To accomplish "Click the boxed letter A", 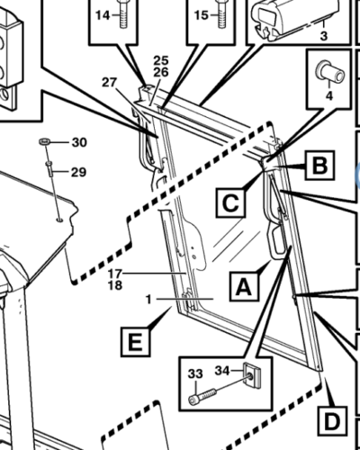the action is [x=244, y=286].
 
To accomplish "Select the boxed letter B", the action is [x=319, y=166].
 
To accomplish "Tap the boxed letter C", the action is [x=230, y=202].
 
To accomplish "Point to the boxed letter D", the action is [x=332, y=421].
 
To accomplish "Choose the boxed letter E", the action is [x=136, y=342].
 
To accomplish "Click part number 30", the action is [x=79, y=142].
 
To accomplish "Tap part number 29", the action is [x=78, y=172].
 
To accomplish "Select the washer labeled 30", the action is [x=45, y=140].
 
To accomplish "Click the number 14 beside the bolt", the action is [x=103, y=15].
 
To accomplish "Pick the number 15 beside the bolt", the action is [x=201, y=15].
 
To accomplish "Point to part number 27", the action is [x=109, y=82].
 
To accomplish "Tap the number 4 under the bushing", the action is [x=329, y=96].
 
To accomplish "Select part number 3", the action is [x=324, y=36].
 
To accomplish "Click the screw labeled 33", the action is [x=202, y=396].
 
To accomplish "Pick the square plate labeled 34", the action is [x=251, y=375].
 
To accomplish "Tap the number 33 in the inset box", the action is [x=195, y=373].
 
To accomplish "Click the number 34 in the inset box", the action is [x=222, y=371].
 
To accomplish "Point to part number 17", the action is [x=115, y=274].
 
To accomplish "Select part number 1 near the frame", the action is [x=149, y=299].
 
